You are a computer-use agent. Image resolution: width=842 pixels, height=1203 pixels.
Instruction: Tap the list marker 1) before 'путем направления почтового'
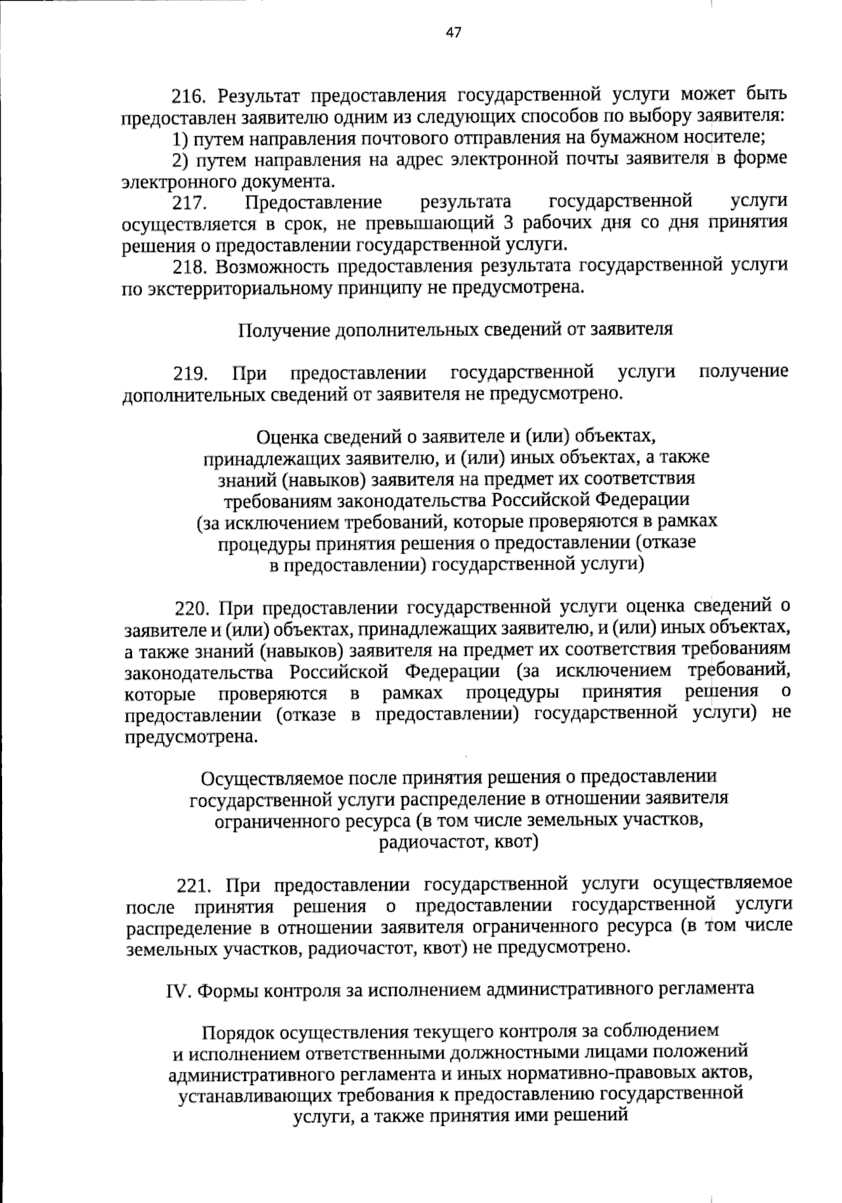pyautogui.click(x=181, y=138)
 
